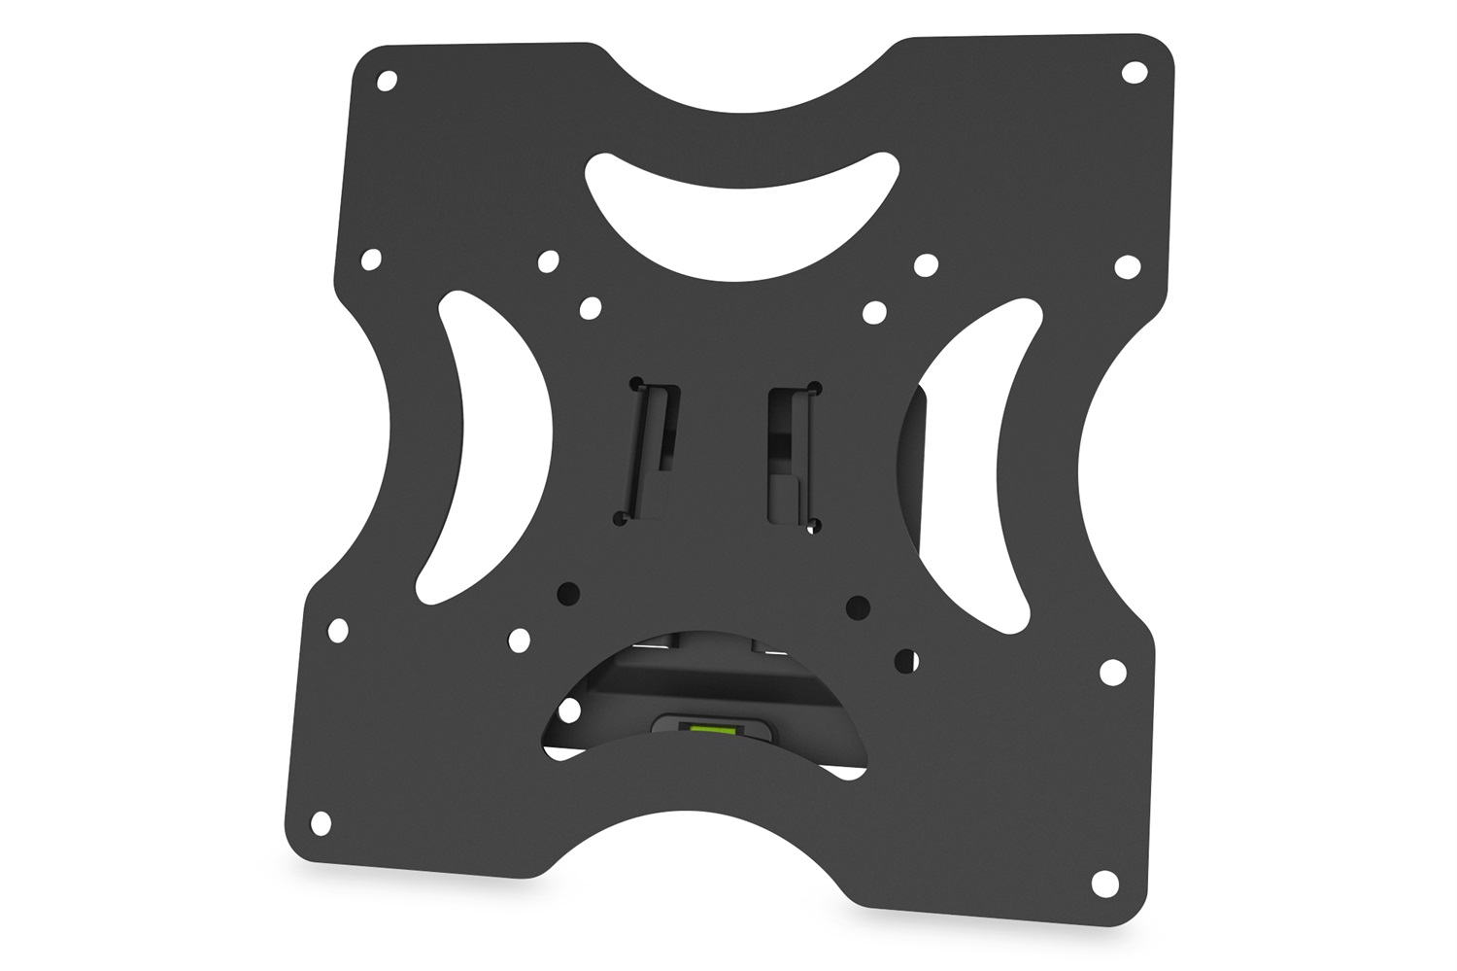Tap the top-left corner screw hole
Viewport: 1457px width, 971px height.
coord(387,81)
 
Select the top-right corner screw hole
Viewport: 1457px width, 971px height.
coord(1134,72)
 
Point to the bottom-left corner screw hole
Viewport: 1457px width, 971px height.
coord(321,821)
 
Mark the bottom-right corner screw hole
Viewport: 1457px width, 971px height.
coord(1104,882)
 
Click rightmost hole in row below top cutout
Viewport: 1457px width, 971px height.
coord(1127,266)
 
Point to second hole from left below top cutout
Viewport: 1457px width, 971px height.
coord(549,260)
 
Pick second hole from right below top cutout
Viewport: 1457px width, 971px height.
coord(927,264)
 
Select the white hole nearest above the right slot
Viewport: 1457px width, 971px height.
coord(874,312)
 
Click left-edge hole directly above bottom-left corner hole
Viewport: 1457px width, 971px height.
coord(338,630)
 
